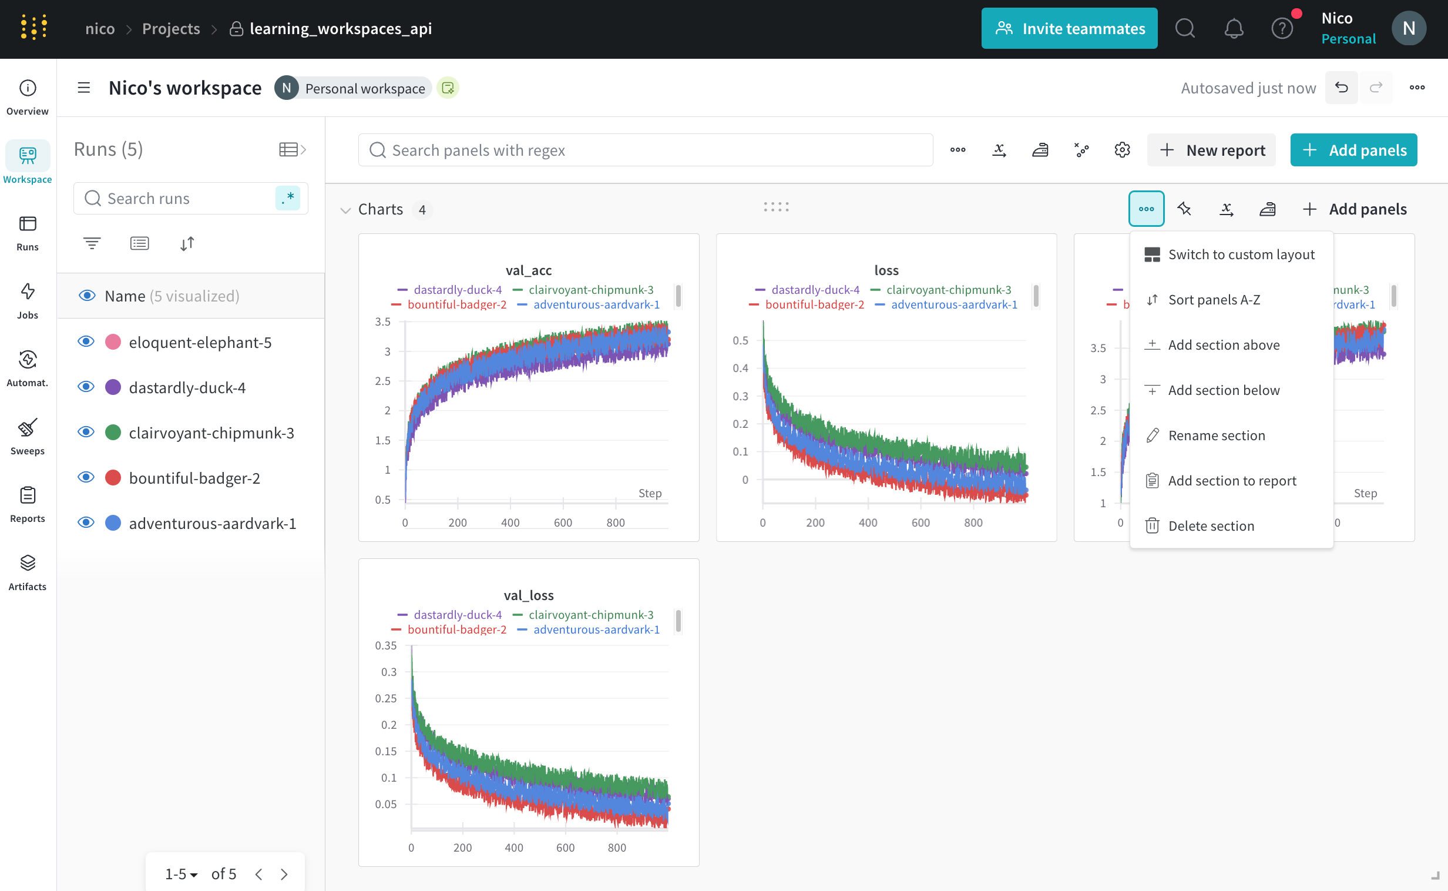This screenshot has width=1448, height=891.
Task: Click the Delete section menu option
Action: tap(1211, 525)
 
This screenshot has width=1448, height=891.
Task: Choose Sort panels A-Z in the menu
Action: tap(1214, 299)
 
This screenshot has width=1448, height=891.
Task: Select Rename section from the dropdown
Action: tap(1216, 436)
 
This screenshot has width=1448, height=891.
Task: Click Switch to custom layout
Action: tap(1241, 254)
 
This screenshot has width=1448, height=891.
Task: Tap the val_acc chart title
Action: tap(528, 270)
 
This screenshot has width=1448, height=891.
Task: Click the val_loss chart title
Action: tap(528, 595)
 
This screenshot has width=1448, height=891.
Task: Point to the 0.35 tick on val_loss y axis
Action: tap(386, 646)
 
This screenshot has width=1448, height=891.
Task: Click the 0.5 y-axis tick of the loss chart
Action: tap(740, 341)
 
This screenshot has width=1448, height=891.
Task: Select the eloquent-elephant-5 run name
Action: tap(200, 343)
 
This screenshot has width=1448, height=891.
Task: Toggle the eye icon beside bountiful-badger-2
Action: tap(86, 477)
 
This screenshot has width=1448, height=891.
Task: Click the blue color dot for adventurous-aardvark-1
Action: tap(113, 523)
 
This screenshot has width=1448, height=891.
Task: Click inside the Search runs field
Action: tap(183, 199)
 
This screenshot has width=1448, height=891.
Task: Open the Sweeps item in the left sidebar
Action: tap(27, 437)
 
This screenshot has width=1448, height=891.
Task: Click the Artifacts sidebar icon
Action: tap(27, 572)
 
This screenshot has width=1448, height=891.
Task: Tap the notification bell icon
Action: tap(1234, 28)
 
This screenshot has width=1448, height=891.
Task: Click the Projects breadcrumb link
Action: tap(171, 28)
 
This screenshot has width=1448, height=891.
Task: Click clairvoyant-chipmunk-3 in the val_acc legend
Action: tap(590, 290)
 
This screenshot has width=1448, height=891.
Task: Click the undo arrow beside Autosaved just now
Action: tap(1341, 88)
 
